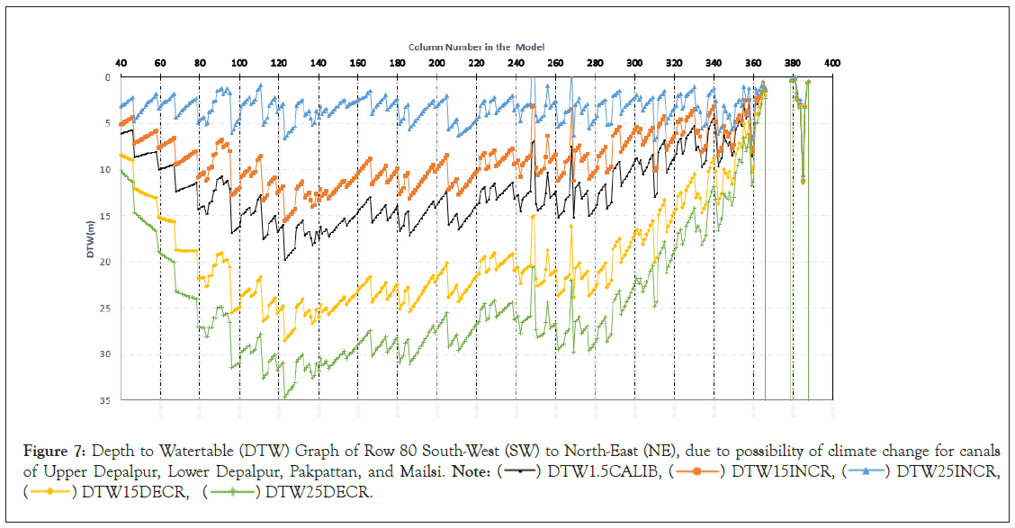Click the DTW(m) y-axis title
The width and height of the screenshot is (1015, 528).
92,239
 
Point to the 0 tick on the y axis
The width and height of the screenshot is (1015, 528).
106,77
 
